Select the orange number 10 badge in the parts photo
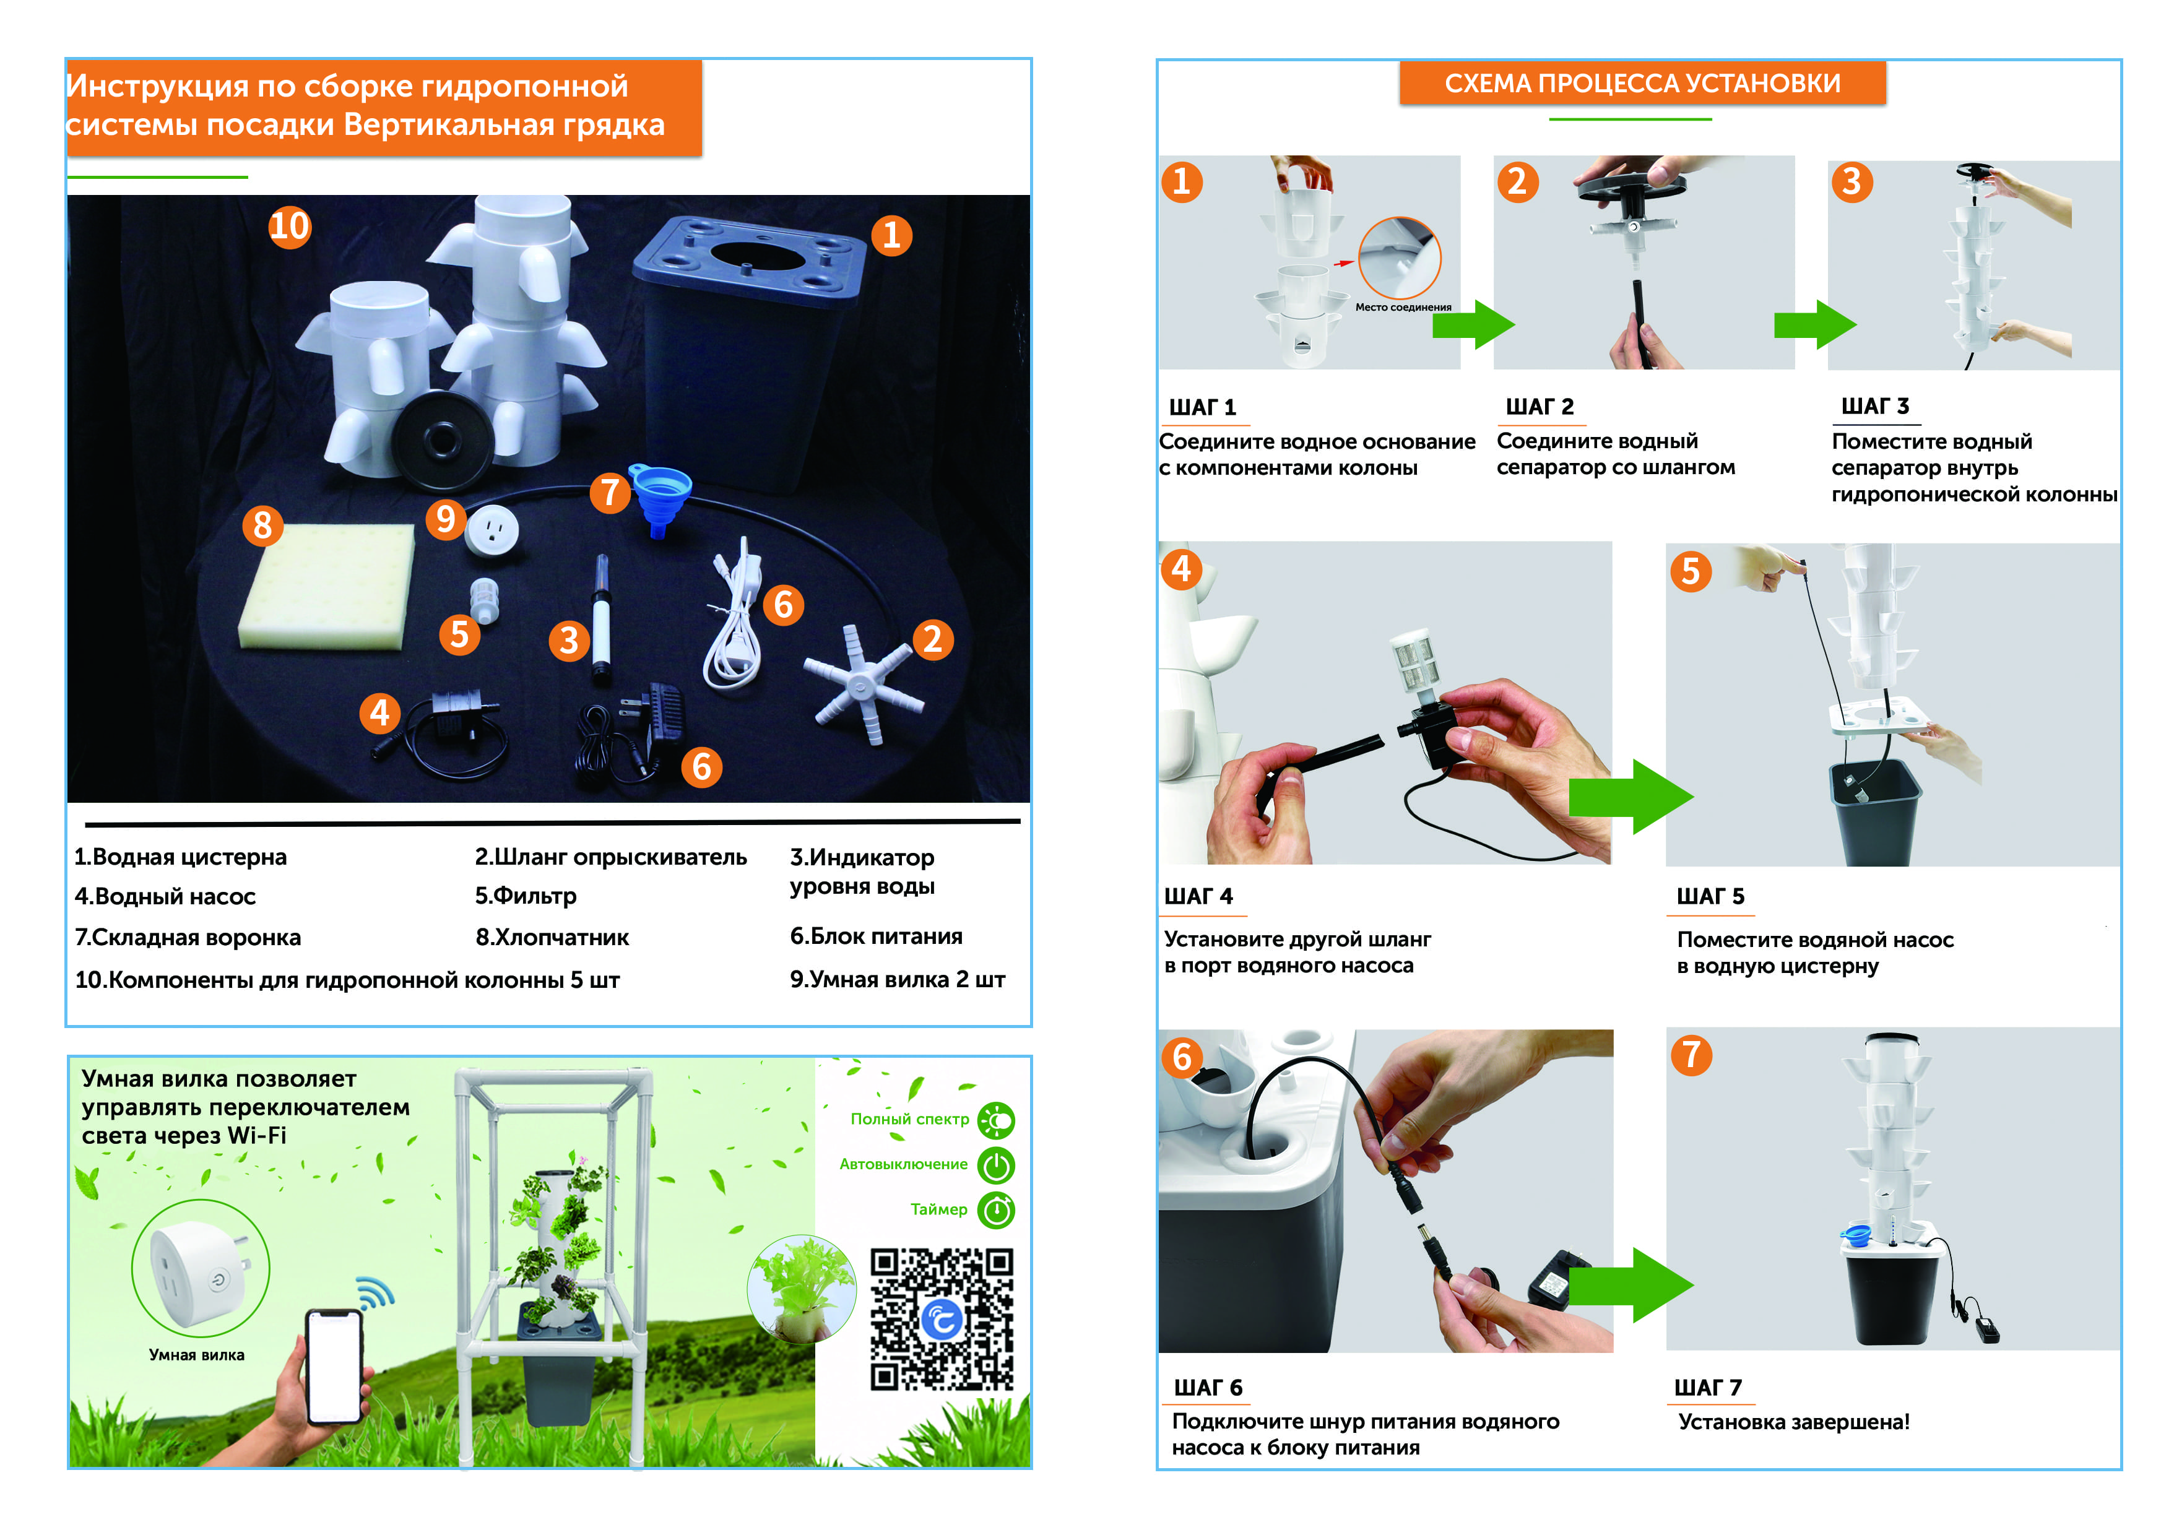[x=289, y=227]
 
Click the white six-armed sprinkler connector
[x=863, y=683]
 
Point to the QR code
[x=942, y=1320]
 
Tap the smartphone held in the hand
[x=334, y=1366]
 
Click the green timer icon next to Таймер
[x=995, y=1210]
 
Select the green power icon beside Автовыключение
[x=995, y=1165]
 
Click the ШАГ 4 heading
[x=1198, y=896]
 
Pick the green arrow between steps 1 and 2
[x=1473, y=325]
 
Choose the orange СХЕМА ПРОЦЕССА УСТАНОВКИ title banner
[x=1642, y=83]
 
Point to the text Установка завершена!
[x=1793, y=1422]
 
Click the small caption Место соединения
[x=1403, y=307]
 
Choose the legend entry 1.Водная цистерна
[x=181, y=857]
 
